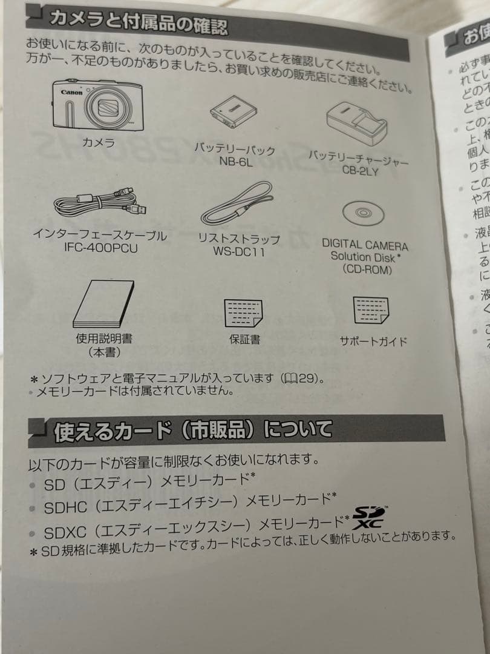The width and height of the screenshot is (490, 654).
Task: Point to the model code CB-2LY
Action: click(360, 171)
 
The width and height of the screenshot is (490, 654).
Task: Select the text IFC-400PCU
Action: click(100, 249)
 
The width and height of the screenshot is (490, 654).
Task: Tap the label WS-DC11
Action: click(239, 251)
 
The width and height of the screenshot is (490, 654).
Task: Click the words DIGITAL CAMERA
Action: click(365, 245)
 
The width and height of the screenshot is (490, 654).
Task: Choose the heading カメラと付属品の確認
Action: click(139, 22)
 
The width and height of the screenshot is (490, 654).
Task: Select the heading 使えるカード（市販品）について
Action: click(193, 431)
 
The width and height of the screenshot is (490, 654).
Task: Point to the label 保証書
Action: click(244, 340)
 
